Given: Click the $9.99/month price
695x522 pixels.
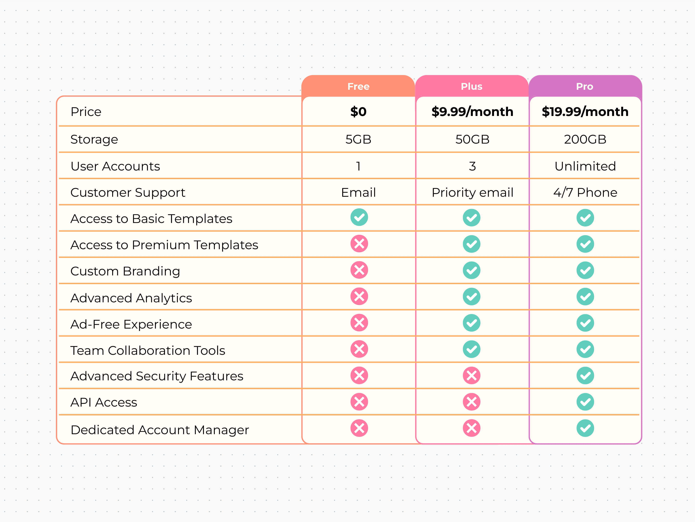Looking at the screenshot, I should pos(472,112).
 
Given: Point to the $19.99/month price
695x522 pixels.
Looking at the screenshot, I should pos(585,112).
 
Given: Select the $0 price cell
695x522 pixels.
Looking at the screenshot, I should pos(358,112).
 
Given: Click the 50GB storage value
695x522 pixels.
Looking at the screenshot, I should pos(472,139).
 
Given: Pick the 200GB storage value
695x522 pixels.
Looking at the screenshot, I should pos(585,139).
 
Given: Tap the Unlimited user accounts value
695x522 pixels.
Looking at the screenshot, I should pos(585,166).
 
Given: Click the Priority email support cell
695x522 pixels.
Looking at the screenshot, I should pos(472,192).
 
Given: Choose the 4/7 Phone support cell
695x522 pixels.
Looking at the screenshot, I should pos(585,192).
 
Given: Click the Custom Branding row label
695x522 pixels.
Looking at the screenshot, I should pos(125,271).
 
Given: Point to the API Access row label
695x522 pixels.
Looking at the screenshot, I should pos(104,402).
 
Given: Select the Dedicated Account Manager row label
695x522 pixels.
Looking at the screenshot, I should pos(160,430).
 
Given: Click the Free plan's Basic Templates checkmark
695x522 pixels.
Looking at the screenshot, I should pos(359,217).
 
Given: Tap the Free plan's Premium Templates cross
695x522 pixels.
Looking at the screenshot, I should pos(359,244).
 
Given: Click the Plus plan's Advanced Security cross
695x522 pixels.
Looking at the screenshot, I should pos(471,375).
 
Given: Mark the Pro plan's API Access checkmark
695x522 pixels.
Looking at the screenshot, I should pos(585,402).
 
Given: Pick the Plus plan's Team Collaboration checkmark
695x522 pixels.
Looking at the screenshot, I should pos(471,349).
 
